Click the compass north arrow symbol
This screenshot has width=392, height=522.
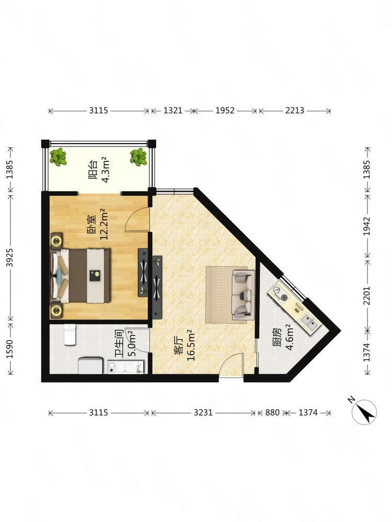364,412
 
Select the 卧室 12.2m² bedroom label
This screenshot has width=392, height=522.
99,224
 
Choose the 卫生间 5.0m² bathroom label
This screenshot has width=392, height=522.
125,343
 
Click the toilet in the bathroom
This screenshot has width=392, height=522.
70,335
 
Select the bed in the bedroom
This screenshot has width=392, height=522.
80,276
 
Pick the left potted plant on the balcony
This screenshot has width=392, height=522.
58,157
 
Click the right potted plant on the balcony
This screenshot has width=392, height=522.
139,157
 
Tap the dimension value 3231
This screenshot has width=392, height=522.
203,413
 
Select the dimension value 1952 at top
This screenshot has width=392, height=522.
225,111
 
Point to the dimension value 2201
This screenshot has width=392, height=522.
367,295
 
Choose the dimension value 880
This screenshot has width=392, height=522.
272,413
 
